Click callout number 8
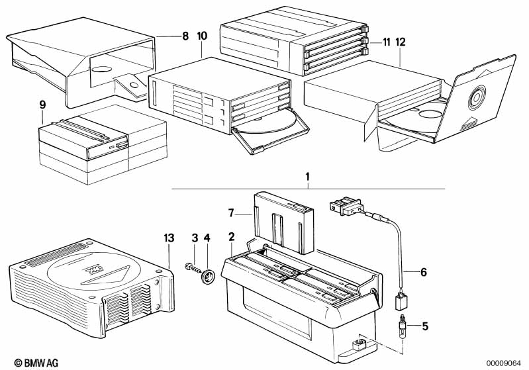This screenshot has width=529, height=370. click(185, 36)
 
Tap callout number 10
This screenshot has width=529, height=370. click(202, 36)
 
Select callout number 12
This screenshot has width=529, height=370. click(401, 42)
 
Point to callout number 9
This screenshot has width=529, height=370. click(42, 105)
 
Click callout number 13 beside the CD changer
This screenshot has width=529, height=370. click(169, 238)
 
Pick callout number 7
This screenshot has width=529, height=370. click(231, 213)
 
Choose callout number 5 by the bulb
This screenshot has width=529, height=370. click(425, 326)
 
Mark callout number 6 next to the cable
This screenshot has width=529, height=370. click(424, 272)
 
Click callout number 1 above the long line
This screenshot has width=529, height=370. click(307, 177)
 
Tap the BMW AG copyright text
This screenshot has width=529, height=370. click(36, 363)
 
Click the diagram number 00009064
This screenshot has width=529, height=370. click(504, 363)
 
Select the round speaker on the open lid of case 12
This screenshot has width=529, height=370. click(477, 97)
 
